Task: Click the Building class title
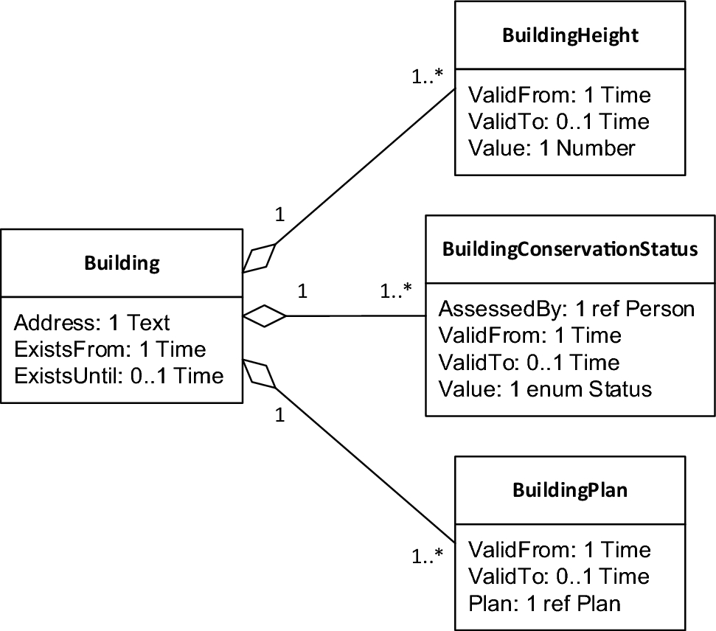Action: click(122, 263)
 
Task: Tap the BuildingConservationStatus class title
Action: click(570, 248)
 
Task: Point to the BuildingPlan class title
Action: click(570, 490)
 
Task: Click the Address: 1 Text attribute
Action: click(92, 322)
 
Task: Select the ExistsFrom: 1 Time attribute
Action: click(110, 349)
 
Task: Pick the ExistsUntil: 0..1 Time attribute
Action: click(118, 375)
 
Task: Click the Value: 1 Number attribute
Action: click(551, 147)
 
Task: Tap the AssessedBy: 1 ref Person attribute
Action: click(566, 308)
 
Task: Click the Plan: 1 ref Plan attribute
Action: click(544, 603)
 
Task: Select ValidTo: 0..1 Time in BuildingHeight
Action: click(559, 121)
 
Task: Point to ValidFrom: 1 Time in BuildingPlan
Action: click(559, 550)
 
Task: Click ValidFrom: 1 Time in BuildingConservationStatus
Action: click(529, 335)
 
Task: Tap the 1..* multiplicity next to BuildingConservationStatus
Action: click(396, 290)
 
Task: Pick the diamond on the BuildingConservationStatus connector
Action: click(264, 315)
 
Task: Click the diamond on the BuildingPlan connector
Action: click(260, 374)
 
